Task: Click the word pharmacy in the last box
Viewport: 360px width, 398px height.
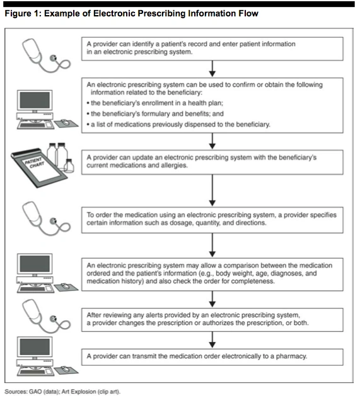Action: click(x=291, y=356)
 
